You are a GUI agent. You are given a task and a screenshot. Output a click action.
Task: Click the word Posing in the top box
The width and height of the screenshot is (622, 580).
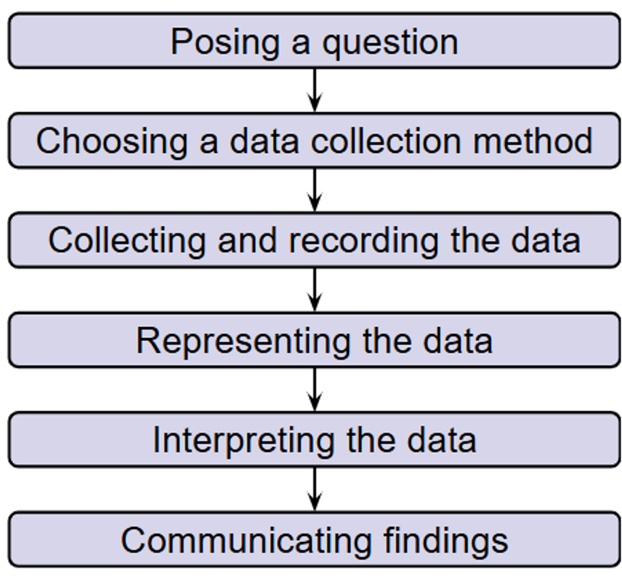tap(225, 43)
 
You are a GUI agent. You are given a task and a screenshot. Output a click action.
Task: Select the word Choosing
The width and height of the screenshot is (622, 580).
tap(112, 142)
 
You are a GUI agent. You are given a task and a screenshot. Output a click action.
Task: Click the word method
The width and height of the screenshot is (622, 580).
tap(532, 140)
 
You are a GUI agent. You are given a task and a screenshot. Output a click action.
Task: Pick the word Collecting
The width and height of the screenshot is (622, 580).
tap(127, 241)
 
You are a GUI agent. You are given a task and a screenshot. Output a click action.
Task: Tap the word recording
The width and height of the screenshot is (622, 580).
tap(363, 241)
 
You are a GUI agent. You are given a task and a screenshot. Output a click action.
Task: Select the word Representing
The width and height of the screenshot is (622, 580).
tap(243, 341)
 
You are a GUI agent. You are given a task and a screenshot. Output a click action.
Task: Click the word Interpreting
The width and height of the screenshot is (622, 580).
tap(244, 441)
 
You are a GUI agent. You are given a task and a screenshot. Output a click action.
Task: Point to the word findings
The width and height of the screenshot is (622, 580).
tap(446, 541)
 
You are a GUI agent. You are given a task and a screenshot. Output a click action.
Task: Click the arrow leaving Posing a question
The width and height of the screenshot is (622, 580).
tap(315, 90)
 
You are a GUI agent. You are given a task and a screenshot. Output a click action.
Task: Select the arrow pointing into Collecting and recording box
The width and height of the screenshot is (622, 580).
tap(315, 190)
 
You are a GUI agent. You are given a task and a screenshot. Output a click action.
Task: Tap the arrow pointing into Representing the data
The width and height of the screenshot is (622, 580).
tap(315, 290)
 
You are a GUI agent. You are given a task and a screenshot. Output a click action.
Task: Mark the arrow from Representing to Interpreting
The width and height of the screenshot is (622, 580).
tap(315, 389)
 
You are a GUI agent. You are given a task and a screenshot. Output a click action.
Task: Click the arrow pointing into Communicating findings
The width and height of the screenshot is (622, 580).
tap(315, 489)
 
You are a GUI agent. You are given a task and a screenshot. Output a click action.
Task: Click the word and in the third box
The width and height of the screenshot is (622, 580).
tap(247, 240)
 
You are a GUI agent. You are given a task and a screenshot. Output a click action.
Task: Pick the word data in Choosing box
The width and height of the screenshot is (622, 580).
tap(265, 140)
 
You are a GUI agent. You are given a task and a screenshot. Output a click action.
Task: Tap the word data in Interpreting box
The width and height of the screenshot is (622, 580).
tap(442, 440)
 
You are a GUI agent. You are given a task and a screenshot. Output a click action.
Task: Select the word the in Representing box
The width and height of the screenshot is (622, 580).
tap(387, 341)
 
